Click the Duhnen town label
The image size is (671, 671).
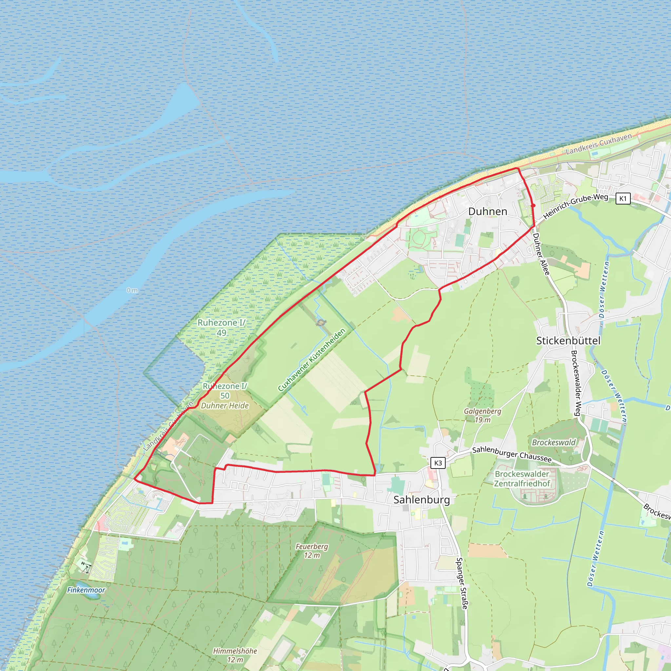pyautogui.click(x=488, y=212)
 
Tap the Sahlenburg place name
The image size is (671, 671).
pyautogui.click(x=422, y=500)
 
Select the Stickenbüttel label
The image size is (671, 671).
pyautogui.click(x=568, y=341)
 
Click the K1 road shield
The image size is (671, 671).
pyautogui.click(x=623, y=199)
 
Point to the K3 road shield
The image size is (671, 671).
pyautogui.click(x=438, y=463)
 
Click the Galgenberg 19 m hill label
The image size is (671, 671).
pyautogui.click(x=482, y=415)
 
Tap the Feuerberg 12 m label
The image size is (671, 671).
pyautogui.click(x=312, y=550)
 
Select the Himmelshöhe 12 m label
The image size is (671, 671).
pyautogui.click(x=235, y=655)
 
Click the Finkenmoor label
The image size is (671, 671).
pyautogui.click(x=86, y=590)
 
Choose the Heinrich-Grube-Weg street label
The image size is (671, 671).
pyautogui.click(x=575, y=206)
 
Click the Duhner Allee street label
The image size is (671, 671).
pyautogui.click(x=541, y=254)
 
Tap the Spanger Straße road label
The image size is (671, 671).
pyautogui.click(x=462, y=583)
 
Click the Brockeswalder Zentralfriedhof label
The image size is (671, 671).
pyautogui.click(x=522, y=479)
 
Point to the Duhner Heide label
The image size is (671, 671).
pyautogui.click(x=225, y=406)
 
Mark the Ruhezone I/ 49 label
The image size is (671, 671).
pyautogui.click(x=221, y=328)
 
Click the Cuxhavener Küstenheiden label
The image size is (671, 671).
pyautogui.click(x=312, y=359)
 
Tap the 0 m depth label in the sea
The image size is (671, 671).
pyautogui.click(x=132, y=290)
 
